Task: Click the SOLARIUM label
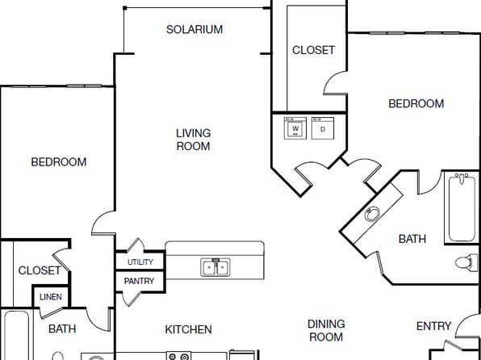(194, 30)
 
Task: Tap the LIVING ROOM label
(193, 140)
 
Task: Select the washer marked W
(295, 128)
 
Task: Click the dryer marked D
(323, 128)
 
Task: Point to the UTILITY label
(140, 262)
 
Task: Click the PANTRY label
(139, 281)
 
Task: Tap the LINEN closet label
(51, 297)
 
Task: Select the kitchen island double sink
(215, 267)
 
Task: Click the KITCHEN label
(188, 329)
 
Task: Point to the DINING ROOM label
(326, 330)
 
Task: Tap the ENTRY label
(433, 326)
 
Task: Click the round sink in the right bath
(372, 214)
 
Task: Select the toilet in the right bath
(464, 262)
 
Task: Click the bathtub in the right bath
(462, 207)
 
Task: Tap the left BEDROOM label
(59, 162)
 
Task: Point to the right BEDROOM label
(416, 104)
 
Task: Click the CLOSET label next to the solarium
(313, 50)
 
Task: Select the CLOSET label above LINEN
(40, 270)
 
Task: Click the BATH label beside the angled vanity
(412, 239)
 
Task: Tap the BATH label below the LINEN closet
(62, 329)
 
